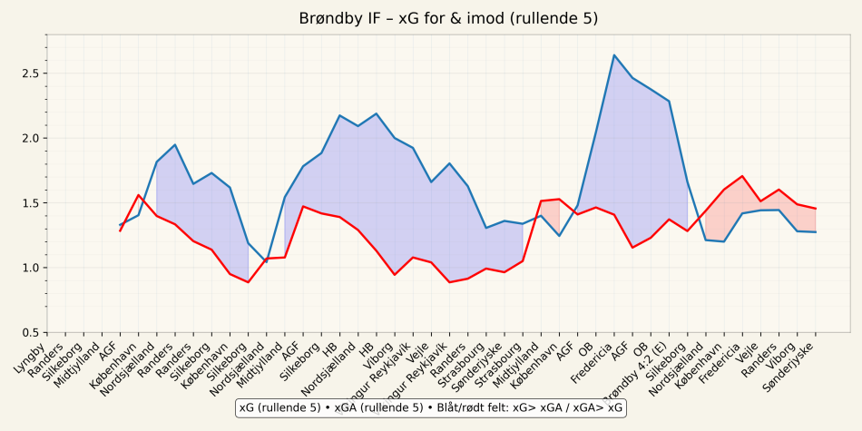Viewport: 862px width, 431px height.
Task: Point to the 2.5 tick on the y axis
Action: pos(29,73)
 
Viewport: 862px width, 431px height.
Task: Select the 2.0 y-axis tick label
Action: pos(29,138)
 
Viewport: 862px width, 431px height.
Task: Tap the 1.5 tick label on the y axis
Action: pos(29,203)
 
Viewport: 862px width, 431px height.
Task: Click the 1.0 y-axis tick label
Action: pos(29,268)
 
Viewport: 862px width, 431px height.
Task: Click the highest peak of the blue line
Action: pos(614,55)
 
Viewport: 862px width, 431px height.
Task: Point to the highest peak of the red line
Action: pos(742,176)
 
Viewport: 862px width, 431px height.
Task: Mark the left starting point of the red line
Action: pos(120,230)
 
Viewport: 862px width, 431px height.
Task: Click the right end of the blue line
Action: pos(816,232)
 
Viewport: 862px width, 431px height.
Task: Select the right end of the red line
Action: pos(816,209)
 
